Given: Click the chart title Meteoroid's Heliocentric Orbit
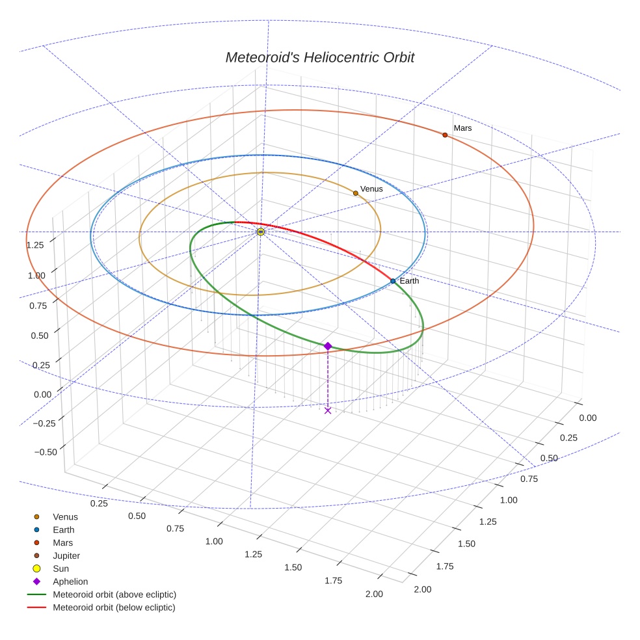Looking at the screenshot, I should (x=319, y=57).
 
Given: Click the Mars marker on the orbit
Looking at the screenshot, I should (x=445, y=135).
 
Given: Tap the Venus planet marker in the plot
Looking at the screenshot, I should (x=356, y=193).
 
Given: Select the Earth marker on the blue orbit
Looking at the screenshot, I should (x=393, y=281).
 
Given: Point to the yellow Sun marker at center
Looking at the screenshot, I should (x=260, y=232).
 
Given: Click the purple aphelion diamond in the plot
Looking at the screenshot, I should (x=328, y=346).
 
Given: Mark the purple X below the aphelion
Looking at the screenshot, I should (x=328, y=410).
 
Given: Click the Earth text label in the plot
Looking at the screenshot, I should (x=409, y=281).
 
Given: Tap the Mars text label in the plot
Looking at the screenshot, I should (x=462, y=128).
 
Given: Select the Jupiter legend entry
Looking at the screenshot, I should (x=66, y=555).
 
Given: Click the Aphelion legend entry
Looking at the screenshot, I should (x=70, y=581).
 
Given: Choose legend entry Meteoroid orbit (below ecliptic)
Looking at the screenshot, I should (x=114, y=607).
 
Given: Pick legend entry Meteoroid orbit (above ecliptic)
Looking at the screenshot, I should (x=114, y=594).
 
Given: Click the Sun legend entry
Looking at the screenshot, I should (x=60, y=568).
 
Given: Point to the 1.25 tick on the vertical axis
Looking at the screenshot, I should (x=35, y=245).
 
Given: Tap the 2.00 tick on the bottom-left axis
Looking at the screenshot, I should (x=374, y=594).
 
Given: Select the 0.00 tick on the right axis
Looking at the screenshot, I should (x=587, y=418).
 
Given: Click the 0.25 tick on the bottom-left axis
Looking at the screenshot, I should (x=99, y=503).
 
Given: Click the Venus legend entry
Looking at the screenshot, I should (x=65, y=516).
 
